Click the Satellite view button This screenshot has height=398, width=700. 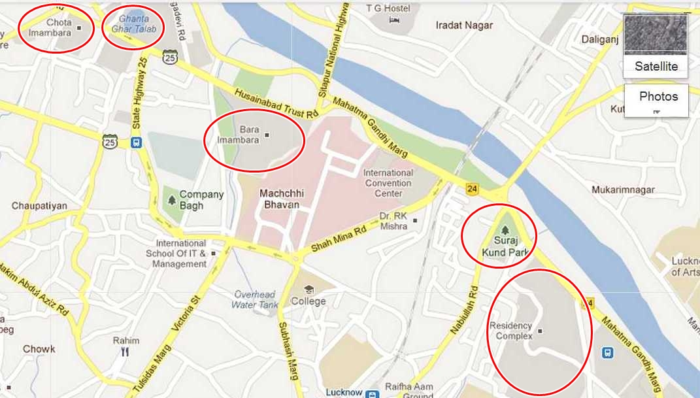[656, 44]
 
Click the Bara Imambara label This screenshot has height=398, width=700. [250, 135]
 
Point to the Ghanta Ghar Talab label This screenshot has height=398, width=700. [134, 24]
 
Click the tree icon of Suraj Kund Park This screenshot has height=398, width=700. [503, 230]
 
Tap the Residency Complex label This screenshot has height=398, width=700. [510, 331]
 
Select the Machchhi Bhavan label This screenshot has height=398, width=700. [279, 199]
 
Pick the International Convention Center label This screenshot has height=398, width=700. [388, 183]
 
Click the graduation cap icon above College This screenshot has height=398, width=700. [308, 289]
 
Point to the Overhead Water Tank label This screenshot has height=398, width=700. [255, 299]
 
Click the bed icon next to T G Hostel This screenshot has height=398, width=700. [394, 20]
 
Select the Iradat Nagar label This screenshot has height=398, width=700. [463, 25]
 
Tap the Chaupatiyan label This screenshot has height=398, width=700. [39, 206]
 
